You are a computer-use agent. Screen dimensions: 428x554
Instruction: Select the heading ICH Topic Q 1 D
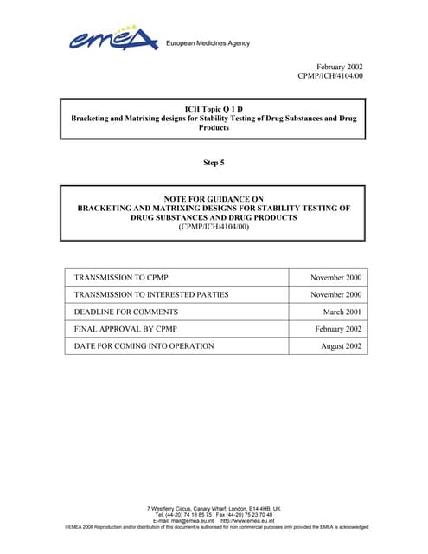(213, 107)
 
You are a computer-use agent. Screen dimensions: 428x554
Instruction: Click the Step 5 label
(213, 162)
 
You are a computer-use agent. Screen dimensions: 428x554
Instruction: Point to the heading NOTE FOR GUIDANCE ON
(213, 198)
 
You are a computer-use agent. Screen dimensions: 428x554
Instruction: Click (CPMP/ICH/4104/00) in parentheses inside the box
(213, 227)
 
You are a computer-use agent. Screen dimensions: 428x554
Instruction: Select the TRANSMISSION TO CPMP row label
(121, 277)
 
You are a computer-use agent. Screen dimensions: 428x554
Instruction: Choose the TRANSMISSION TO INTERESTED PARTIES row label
(151, 294)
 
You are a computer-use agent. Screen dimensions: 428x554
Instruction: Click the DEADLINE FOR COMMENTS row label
(126, 312)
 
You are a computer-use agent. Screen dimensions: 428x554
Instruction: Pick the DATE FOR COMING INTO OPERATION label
(144, 346)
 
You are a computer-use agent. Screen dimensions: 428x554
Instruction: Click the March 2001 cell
(342, 312)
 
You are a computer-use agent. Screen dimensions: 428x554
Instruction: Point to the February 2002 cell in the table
(336, 329)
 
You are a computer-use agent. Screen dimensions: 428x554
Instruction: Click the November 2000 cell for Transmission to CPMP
(335, 277)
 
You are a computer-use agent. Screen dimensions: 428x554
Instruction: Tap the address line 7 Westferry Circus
(214, 508)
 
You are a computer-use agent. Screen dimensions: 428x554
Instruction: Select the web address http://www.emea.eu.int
(246, 520)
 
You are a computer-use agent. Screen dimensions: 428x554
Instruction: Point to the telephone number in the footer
(183, 514)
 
